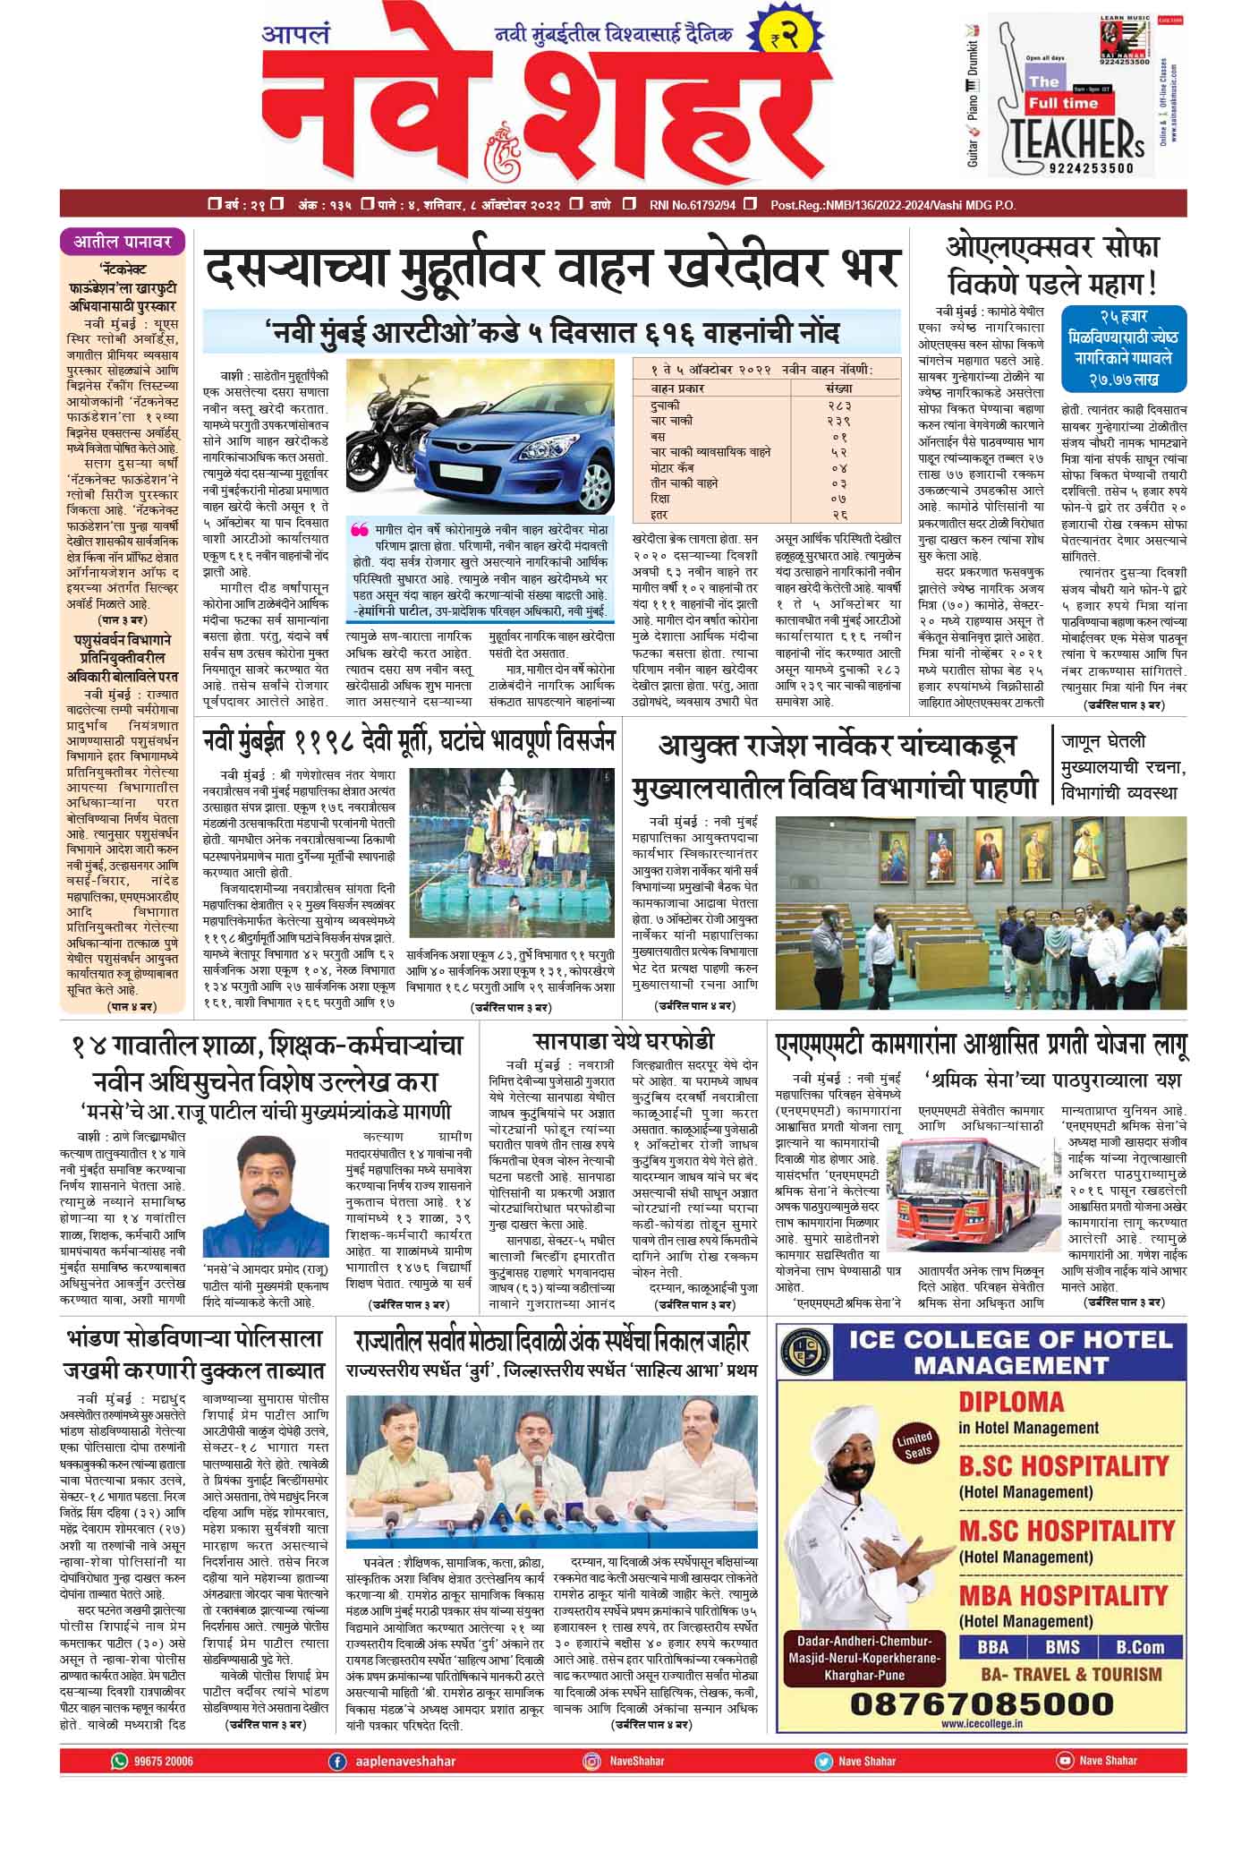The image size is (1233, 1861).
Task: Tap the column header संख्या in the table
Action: click(x=838, y=389)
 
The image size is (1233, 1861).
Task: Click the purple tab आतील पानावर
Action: click(x=123, y=241)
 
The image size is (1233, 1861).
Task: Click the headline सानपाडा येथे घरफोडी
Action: click(x=625, y=1041)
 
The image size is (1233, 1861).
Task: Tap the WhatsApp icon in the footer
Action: click(x=119, y=1761)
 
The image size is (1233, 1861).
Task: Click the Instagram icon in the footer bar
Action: click(x=591, y=1761)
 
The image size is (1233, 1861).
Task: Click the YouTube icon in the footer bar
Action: click(x=1064, y=1761)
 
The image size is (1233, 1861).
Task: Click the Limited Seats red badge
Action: click(x=914, y=1443)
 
